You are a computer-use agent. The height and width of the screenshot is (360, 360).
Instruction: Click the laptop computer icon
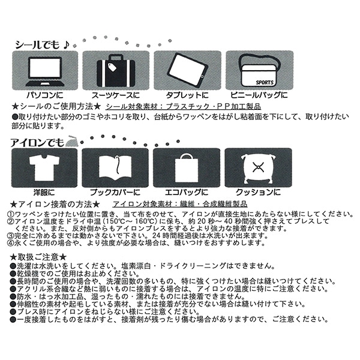(44, 70)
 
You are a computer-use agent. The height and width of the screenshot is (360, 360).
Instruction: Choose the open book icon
(115, 166)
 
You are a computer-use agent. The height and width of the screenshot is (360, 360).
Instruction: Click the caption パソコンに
(44, 95)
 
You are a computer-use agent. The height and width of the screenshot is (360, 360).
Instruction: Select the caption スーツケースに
(115, 95)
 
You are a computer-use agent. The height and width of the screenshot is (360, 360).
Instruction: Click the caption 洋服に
(44, 192)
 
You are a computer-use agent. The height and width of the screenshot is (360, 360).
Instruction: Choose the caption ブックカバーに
(115, 192)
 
